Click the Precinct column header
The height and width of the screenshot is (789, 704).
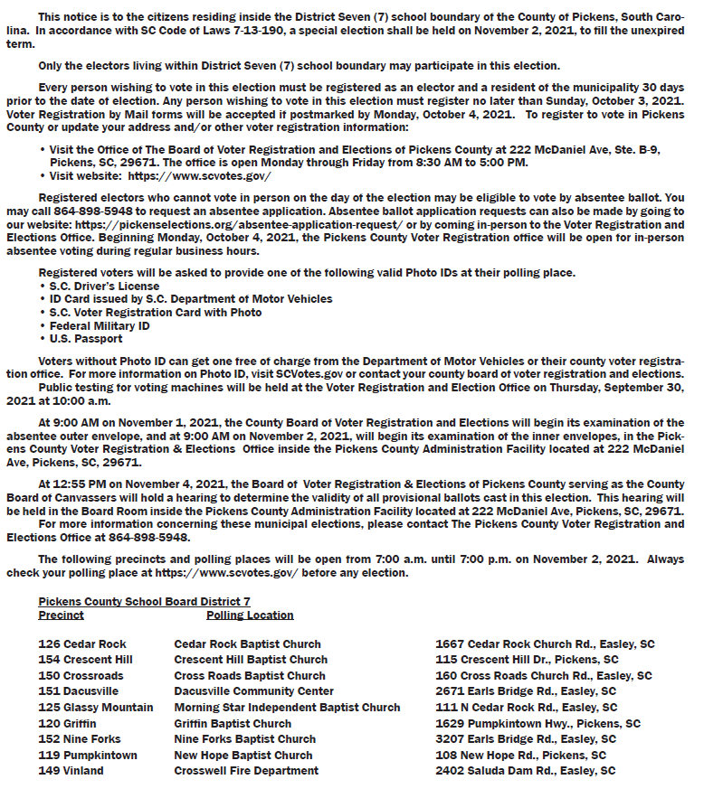pyautogui.click(x=61, y=615)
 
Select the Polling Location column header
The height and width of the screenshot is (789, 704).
pyautogui.click(x=250, y=615)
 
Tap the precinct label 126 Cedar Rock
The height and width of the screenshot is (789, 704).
pyautogui.click(x=82, y=644)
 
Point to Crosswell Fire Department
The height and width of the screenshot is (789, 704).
pyautogui.click(x=246, y=771)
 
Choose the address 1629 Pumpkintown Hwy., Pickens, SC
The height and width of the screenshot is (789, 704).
pyautogui.click(x=538, y=724)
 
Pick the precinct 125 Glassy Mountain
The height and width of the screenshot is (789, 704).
pyautogui.click(x=96, y=708)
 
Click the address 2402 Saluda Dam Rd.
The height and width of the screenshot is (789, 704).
pyautogui.click(x=525, y=771)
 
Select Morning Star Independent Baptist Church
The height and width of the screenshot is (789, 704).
pyautogui.click(x=287, y=708)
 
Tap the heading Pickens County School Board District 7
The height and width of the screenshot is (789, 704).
pyautogui.click(x=144, y=602)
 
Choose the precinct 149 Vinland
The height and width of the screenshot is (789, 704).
pyautogui.click(x=71, y=771)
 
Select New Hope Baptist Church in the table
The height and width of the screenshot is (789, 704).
pyautogui.click(x=243, y=756)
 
